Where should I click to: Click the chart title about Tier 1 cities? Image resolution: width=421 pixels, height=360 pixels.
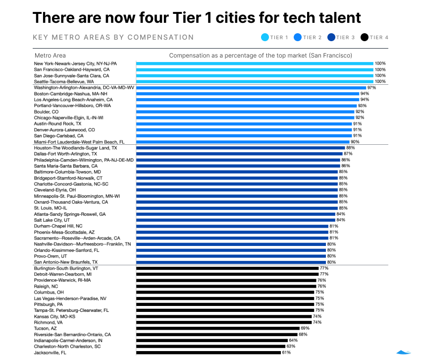point(196,18)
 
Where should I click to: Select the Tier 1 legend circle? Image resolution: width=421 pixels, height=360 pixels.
point(264,37)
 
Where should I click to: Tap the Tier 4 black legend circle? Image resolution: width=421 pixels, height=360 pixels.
point(365,37)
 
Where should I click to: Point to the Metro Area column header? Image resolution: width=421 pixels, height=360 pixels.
point(50,56)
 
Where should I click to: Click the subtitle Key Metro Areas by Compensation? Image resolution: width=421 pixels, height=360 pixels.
point(113,37)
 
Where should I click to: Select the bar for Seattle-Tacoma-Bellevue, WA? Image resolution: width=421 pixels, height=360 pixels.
point(254,81)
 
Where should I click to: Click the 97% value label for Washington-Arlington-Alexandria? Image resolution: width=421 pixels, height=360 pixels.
point(371,88)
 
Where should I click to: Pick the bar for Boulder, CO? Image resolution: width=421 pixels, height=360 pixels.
point(245,112)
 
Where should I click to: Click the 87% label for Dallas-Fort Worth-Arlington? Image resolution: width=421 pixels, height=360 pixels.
point(348,154)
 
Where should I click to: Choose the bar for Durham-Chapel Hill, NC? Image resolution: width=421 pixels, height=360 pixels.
point(232,226)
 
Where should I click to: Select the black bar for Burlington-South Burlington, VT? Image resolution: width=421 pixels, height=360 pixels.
point(227,268)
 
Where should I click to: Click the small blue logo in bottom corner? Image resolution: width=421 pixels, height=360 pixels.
point(404,352)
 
